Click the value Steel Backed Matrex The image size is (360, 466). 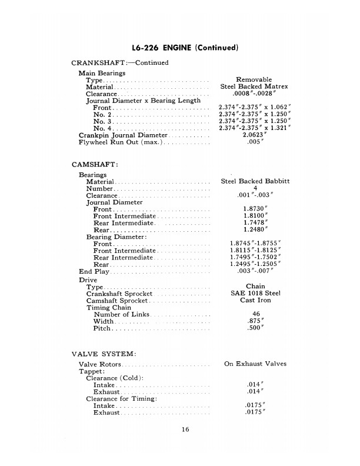(x=254, y=86)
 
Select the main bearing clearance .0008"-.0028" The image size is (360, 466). (x=254, y=94)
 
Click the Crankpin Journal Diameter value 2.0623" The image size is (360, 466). (x=255, y=135)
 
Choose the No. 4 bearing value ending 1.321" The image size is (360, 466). (x=254, y=128)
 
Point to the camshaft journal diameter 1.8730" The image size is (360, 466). (x=255, y=209)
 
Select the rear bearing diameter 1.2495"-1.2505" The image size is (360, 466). (x=255, y=264)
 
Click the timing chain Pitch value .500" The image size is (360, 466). (x=255, y=328)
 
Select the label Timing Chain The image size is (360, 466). (x=109, y=307)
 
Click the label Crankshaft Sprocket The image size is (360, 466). (x=119, y=294)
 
